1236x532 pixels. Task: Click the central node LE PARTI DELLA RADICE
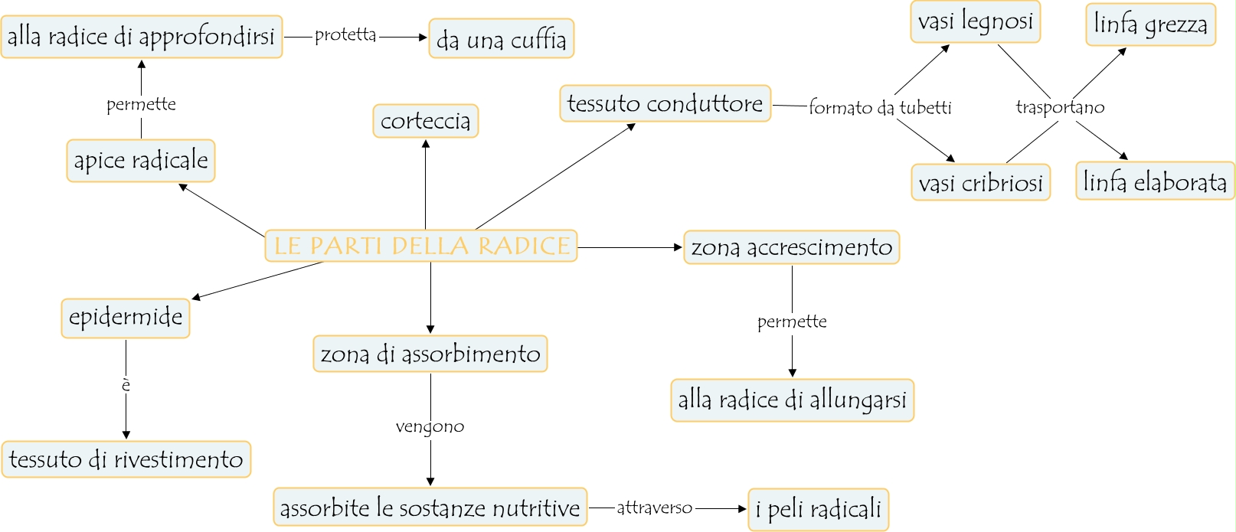tap(421, 246)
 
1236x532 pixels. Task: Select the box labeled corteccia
tap(426, 121)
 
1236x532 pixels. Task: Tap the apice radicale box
tap(141, 161)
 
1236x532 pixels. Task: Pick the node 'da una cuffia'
tap(501, 39)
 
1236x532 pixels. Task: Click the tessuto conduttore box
tap(665, 103)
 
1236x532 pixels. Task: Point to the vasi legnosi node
tap(975, 21)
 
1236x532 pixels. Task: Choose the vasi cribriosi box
tap(980, 183)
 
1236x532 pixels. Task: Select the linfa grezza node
tap(1150, 24)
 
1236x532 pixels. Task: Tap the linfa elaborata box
tap(1155, 181)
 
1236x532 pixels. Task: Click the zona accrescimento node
tap(791, 247)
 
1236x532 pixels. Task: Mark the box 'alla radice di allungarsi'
tap(792, 400)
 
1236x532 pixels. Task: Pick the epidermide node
tap(126, 318)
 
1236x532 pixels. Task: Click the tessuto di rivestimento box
tap(126, 459)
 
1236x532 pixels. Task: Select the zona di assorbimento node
tap(430, 354)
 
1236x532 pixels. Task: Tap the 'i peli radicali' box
tap(818, 509)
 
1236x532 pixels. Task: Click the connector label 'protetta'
tap(345, 35)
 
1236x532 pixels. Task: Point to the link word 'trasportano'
tap(1060, 107)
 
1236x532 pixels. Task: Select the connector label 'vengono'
tap(430, 426)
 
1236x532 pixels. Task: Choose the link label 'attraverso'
tap(654, 508)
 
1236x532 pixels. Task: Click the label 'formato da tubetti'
tap(880, 108)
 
